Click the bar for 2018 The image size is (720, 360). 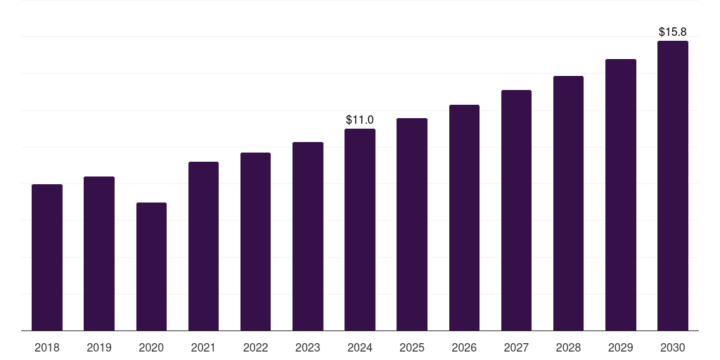coord(47,257)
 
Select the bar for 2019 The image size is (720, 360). coord(99,253)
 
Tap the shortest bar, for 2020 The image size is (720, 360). coord(151,266)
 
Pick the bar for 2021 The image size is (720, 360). coord(203,246)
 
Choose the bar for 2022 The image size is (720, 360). coord(255,241)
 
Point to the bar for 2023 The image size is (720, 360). coord(308,236)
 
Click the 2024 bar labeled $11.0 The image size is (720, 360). coord(360,229)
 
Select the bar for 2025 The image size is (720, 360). coord(412,224)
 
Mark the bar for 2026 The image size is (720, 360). coord(464,217)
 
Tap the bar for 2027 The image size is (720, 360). coord(516,210)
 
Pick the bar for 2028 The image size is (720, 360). coord(568,203)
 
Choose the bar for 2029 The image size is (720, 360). coord(621,195)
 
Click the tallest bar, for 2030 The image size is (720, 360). coord(673,186)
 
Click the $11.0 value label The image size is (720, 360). coord(360,120)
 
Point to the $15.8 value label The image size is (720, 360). coord(673,32)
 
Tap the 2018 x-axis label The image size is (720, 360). coord(47,347)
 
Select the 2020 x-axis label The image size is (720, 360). coord(151,347)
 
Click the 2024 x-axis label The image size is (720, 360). coord(360,347)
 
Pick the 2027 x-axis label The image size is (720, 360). coord(516,347)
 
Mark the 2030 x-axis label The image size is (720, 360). coord(673,347)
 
